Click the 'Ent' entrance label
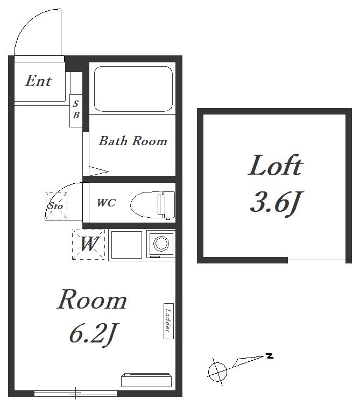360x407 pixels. (x=38, y=81)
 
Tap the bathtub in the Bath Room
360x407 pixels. (x=133, y=89)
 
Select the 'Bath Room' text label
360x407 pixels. (x=133, y=141)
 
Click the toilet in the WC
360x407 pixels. (x=153, y=204)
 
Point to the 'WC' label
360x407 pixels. (x=106, y=203)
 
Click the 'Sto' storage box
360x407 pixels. (x=57, y=205)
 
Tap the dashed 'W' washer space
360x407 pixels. (x=88, y=244)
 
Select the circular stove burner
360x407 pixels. (x=161, y=244)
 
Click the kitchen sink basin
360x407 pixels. (x=126, y=245)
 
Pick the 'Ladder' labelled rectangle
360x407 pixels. (x=168, y=321)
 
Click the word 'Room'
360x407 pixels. (x=91, y=300)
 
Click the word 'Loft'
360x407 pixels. (x=276, y=165)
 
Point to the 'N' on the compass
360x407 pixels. (x=270, y=356)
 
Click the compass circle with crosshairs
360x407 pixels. (x=217, y=372)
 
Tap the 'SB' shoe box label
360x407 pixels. (x=76, y=109)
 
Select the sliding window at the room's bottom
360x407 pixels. (x=75, y=394)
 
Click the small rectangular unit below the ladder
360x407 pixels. (x=146, y=380)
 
